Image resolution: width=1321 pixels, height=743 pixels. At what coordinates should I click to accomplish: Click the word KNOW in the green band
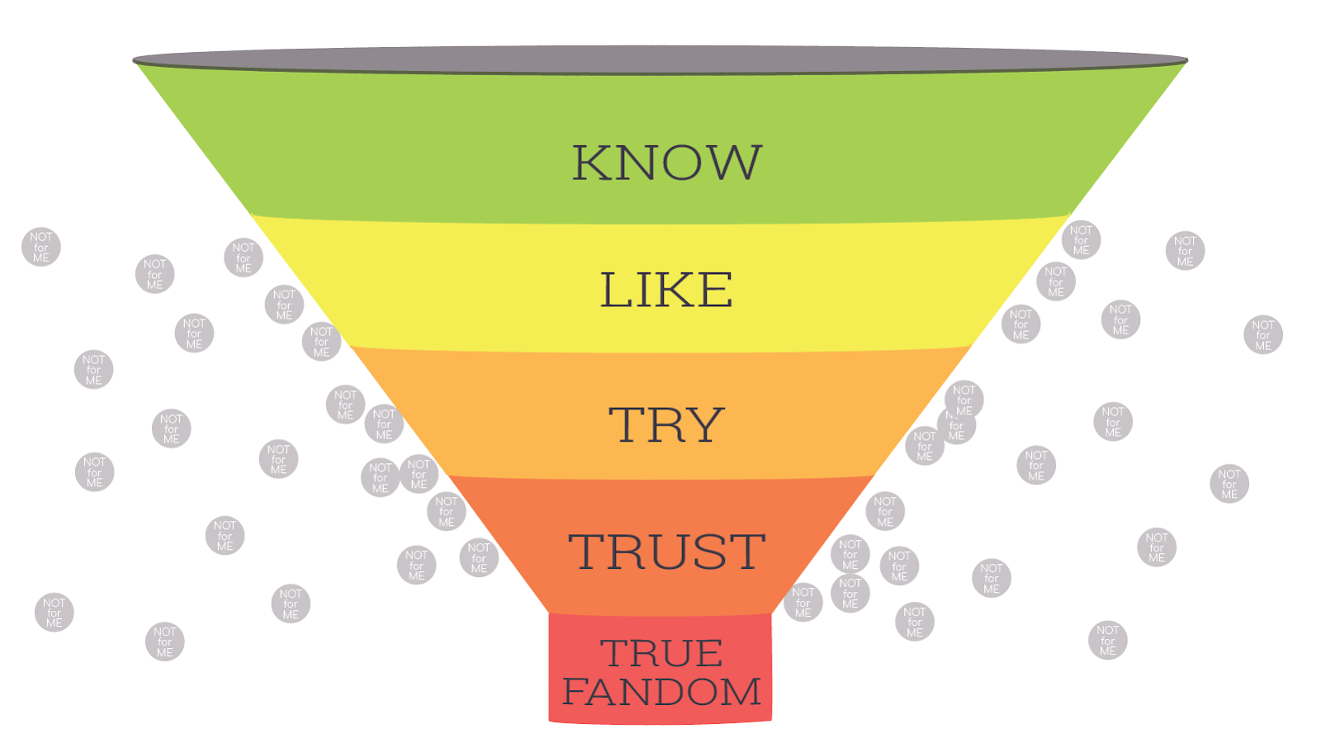click(666, 163)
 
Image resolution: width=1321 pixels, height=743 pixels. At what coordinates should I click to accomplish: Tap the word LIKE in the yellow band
click(665, 290)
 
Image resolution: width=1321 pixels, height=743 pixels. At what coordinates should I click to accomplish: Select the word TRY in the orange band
click(666, 425)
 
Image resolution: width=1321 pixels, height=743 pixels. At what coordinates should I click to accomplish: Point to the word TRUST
click(666, 551)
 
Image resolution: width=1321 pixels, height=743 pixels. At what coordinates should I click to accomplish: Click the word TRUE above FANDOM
click(661, 654)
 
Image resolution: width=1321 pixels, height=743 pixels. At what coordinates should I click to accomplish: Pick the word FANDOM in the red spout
click(661, 692)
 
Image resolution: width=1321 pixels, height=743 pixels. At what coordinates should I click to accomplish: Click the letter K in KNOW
click(592, 163)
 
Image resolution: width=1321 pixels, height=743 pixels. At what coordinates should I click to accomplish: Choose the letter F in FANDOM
click(576, 692)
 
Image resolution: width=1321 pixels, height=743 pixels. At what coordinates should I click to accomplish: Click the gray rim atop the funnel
click(660, 59)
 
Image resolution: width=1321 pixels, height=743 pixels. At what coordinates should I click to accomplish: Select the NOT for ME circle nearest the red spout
click(803, 603)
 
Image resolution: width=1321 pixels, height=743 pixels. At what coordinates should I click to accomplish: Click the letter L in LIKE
click(614, 290)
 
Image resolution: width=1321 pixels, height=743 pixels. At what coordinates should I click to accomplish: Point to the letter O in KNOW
click(680, 163)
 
